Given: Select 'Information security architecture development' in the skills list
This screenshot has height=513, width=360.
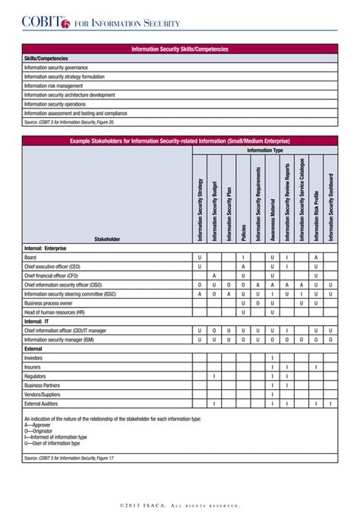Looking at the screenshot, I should coord(69,95).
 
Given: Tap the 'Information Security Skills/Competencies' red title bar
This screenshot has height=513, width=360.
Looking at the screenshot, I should coord(179,49).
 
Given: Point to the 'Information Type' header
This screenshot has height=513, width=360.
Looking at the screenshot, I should coord(264,150).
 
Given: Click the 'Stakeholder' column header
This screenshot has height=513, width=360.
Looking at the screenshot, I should coord(107,239).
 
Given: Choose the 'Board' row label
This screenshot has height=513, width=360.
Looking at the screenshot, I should coord(30,258).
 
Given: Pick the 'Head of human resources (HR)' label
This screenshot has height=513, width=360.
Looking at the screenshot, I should coord(54,312).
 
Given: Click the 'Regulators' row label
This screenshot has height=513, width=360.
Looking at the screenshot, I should coord(35,375).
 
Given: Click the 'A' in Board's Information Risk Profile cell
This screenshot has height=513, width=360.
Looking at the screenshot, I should coord(316,258).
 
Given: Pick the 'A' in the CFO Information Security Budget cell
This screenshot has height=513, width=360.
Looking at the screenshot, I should coord(214,275).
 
